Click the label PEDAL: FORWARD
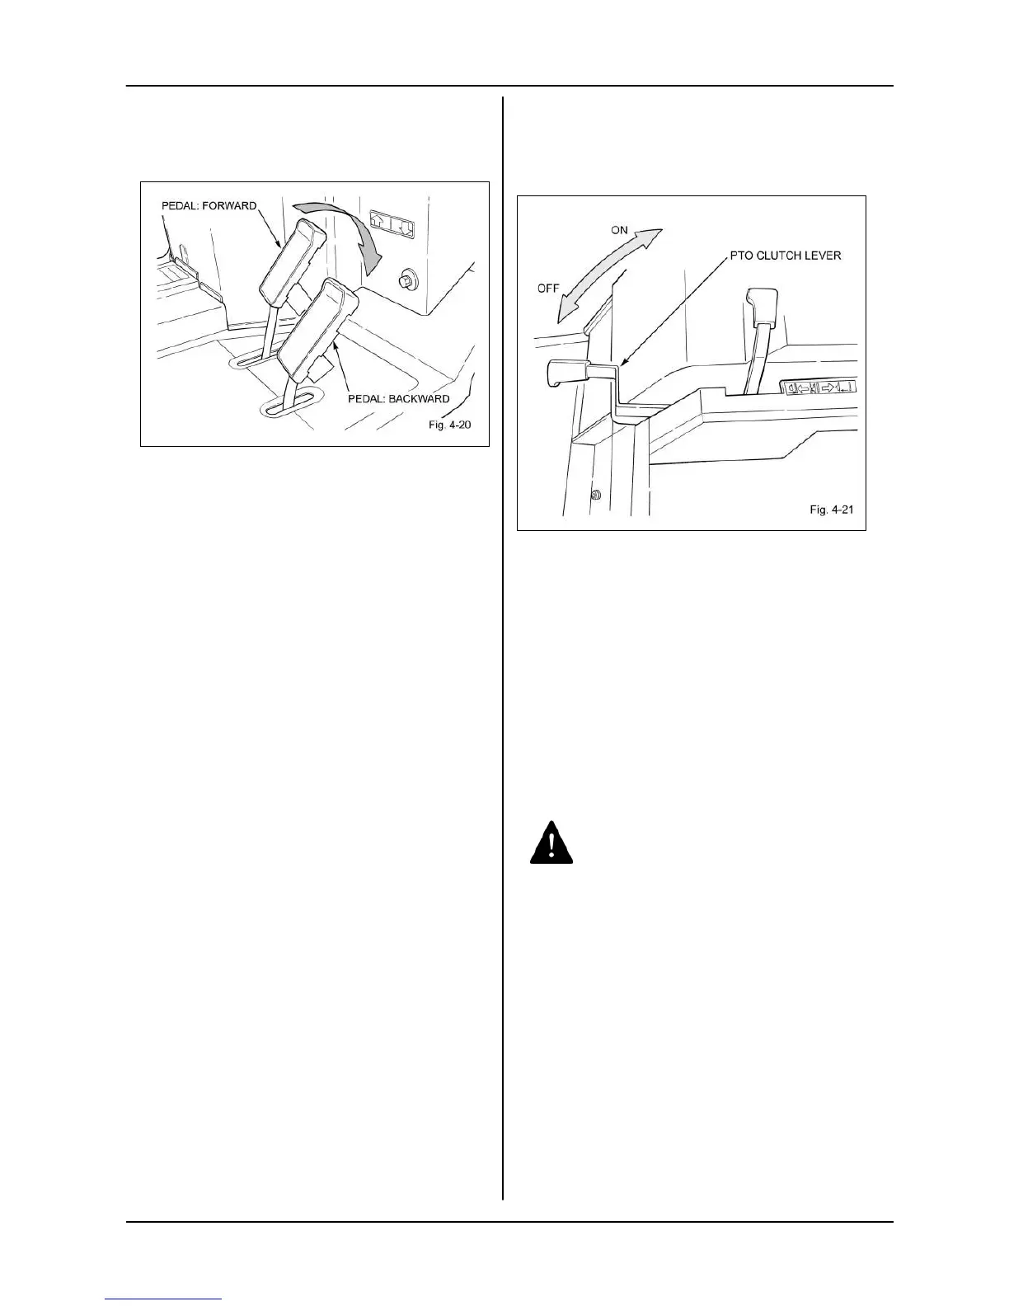click(x=209, y=205)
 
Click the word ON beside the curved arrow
click(x=619, y=230)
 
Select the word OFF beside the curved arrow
click(x=548, y=289)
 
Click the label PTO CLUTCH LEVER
click(x=786, y=256)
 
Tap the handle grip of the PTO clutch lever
click(x=564, y=372)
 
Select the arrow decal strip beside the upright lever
click(x=818, y=388)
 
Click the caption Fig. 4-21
click(x=831, y=510)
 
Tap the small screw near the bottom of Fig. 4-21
click(x=595, y=495)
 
